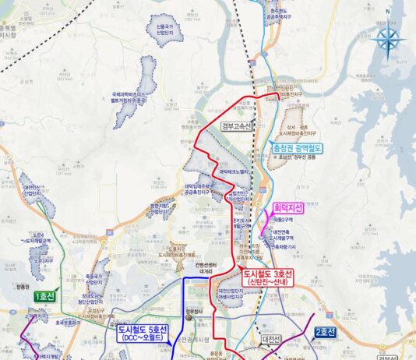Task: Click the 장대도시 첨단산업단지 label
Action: click(x=93, y=301)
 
